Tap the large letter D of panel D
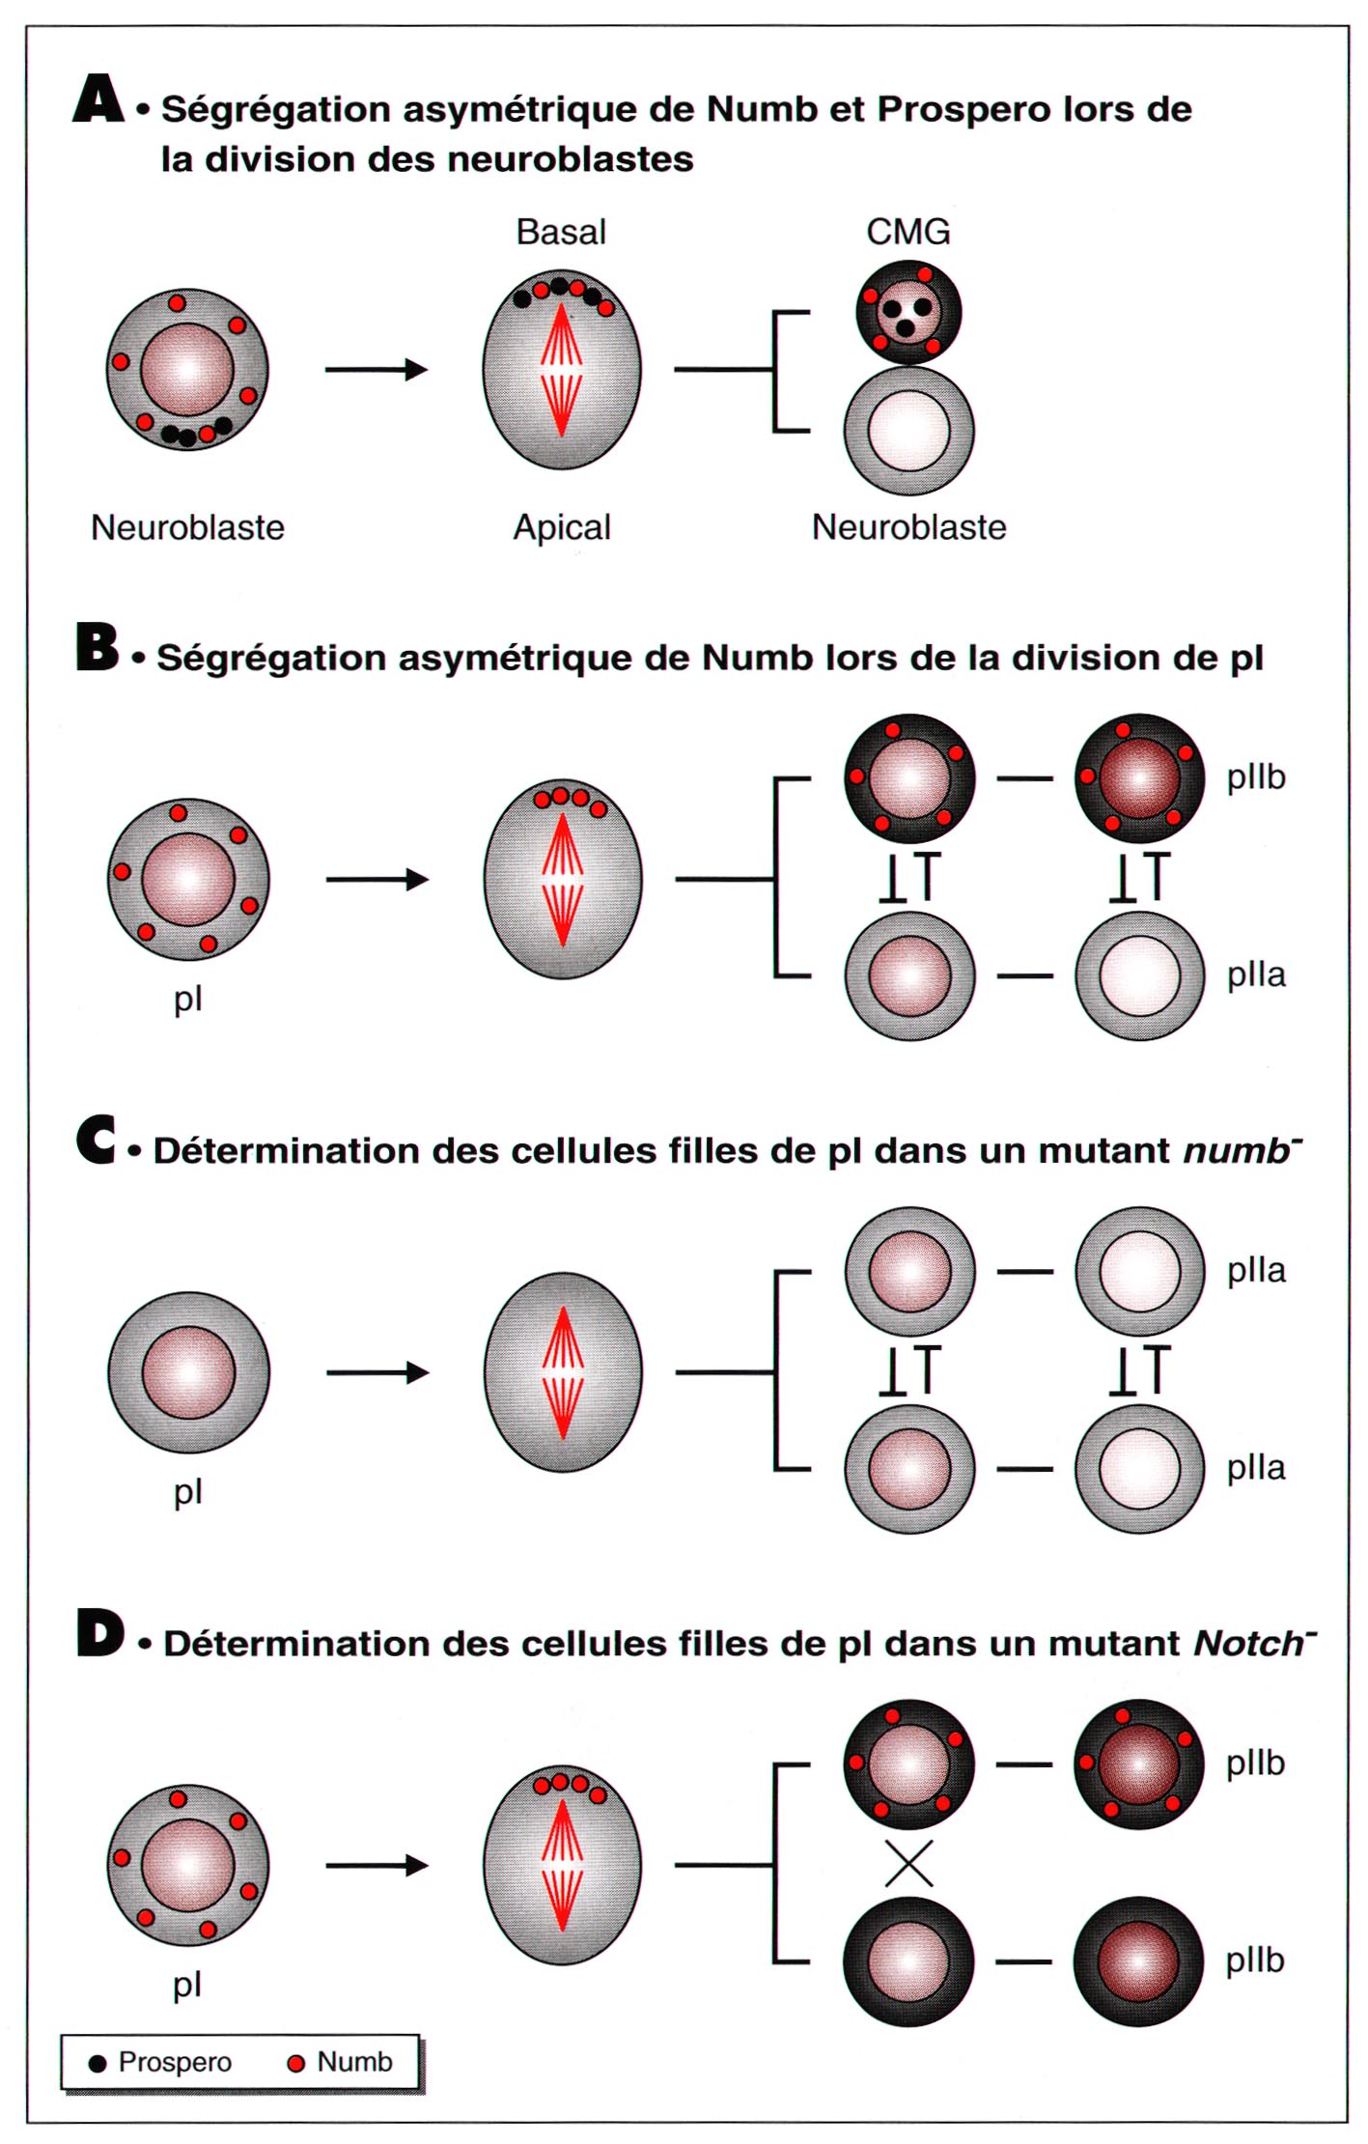99,1633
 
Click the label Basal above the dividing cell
561,232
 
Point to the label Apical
562,527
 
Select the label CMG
908,232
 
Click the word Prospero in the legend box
175,2062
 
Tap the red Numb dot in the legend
296,2063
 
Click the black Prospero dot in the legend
97,2064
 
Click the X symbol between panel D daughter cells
908,1863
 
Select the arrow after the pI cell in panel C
377,1372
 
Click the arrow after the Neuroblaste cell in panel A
377,369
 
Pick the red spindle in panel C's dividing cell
563,1372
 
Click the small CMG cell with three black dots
908,312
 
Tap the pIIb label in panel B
1256,777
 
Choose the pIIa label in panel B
1256,975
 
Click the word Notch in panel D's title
1249,1643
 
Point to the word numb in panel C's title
1237,1151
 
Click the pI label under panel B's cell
188,1000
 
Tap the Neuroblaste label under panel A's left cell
187,527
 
